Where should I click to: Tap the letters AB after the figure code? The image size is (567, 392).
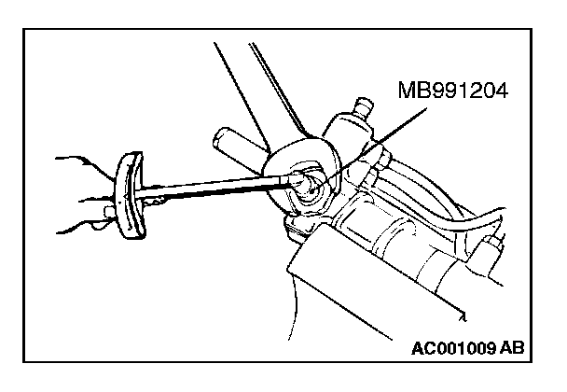pos(510,349)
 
